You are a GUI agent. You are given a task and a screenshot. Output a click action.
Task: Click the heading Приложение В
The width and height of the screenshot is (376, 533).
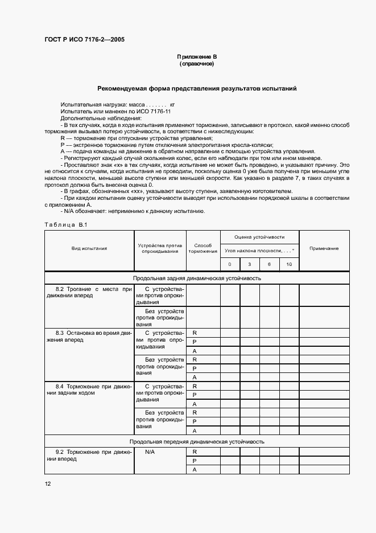pyautogui.click(x=196, y=58)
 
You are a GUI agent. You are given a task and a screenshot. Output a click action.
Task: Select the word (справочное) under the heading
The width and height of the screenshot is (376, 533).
pyautogui.click(x=196, y=64)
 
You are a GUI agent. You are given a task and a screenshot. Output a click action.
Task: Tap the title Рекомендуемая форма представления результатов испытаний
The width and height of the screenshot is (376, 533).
pyautogui.click(x=196, y=89)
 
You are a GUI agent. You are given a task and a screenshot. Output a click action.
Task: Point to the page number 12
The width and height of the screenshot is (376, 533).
pyautogui.click(x=48, y=484)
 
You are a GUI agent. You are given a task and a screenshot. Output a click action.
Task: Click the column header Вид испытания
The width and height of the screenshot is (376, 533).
pyautogui.click(x=89, y=248)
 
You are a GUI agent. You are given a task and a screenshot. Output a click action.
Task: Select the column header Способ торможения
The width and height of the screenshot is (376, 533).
pyautogui.click(x=203, y=248)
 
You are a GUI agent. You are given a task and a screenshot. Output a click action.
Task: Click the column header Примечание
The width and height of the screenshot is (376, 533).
pyautogui.click(x=324, y=248)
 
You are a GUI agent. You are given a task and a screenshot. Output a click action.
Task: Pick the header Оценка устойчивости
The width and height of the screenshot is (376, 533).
pyautogui.click(x=259, y=237)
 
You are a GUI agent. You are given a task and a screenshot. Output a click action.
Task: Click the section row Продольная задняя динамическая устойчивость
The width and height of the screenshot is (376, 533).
pyautogui.click(x=197, y=278)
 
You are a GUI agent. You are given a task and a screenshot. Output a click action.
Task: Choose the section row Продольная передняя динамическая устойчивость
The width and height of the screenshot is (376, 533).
pyautogui.click(x=197, y=441)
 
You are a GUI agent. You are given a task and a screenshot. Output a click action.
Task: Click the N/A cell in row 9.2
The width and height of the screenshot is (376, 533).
pyautogui.click(x=150, y=452)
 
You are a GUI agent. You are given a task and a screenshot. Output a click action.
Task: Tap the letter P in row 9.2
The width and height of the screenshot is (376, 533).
pyautogui.click(x=195, y=461)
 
